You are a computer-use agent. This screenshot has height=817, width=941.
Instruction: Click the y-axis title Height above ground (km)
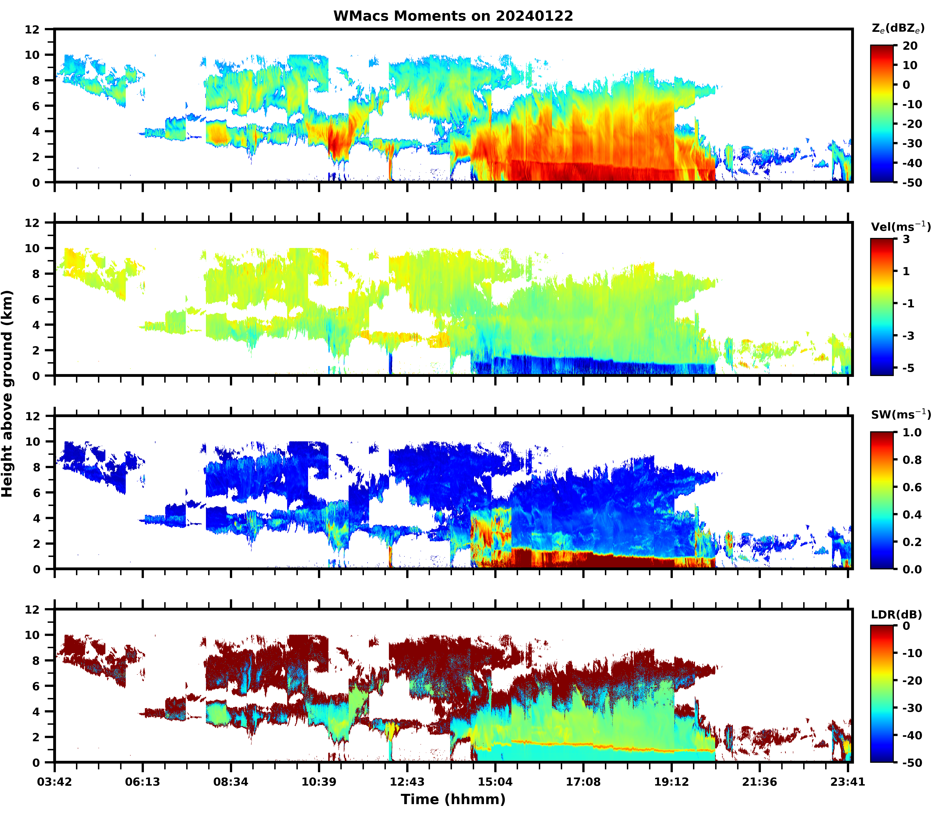pos(7,393)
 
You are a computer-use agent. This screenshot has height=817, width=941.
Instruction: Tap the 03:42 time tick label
pos(55,782)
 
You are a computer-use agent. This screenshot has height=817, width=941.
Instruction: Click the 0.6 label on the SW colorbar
pos(912,487)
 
